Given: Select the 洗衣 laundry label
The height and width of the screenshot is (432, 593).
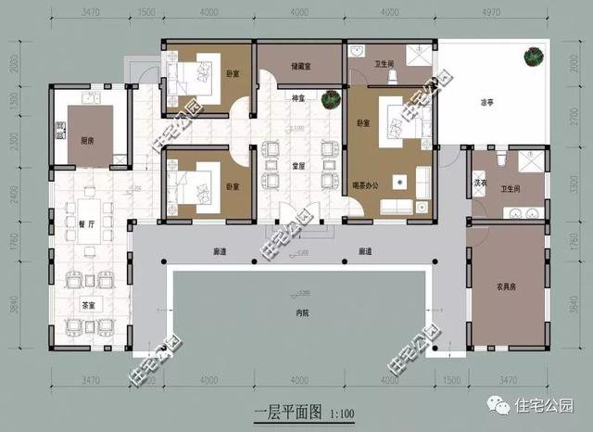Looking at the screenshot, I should tap(481, 184).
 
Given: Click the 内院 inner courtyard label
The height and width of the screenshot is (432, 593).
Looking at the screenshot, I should tap(302, 313).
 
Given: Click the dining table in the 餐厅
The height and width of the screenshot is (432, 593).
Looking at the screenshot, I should tap(91, 223).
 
